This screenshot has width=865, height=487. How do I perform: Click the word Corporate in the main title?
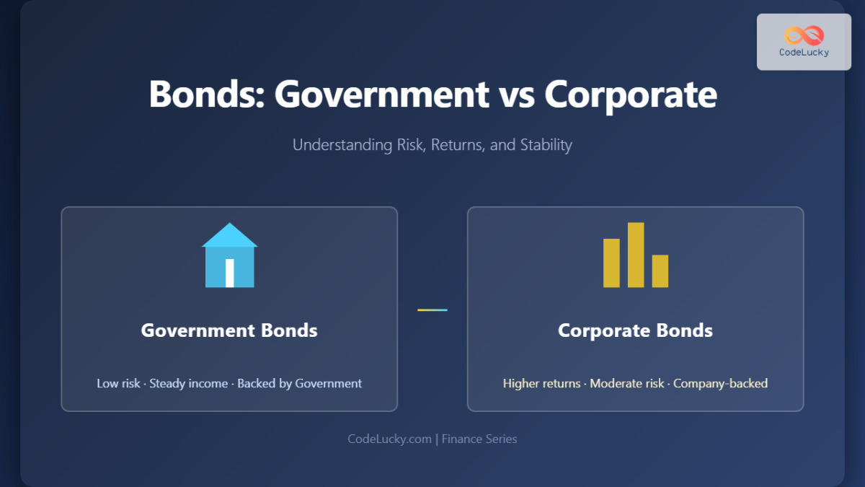tap(631, 95)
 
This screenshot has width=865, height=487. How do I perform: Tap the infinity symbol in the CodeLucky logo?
tap(804, 35)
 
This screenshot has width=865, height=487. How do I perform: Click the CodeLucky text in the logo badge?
tap(804, 52)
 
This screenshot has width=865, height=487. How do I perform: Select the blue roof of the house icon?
tap(230, 235)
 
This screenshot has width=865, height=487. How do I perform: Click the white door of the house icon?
tap(230, 273)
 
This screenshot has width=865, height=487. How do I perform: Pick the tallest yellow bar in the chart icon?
tap(636, 255)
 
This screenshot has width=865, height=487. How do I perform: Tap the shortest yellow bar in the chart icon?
tap(660, 271)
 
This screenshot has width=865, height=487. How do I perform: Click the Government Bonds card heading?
tap(229, 330)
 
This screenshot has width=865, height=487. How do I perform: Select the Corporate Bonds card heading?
tap(635, 330)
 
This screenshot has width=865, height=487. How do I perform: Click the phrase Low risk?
tap(118, 383)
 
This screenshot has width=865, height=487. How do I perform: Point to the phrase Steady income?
tap(188, 383)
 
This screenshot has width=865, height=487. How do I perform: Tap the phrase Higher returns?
tap(541, 383)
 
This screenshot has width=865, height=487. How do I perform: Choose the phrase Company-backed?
tap(720, 383)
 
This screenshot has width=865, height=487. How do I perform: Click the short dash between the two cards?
tap(432, 310)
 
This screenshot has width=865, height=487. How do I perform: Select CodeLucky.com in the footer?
tap(390, 439)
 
